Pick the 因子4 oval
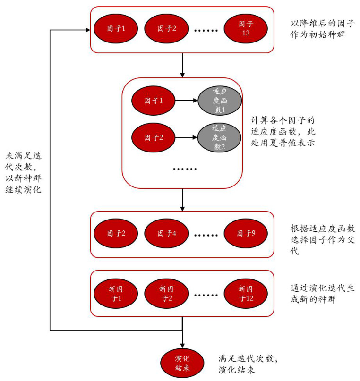click(x=166, y=234)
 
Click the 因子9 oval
click(x=246, y=234)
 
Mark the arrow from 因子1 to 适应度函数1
click(x=187, y=100)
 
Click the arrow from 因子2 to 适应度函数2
click(x=187, y=137)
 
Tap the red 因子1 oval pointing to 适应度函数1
click(x=154, y=100)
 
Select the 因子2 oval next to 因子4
click(x=116, y=234)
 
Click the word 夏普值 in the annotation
click(x=289, y=141)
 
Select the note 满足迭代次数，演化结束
click(x=248, y=364)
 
